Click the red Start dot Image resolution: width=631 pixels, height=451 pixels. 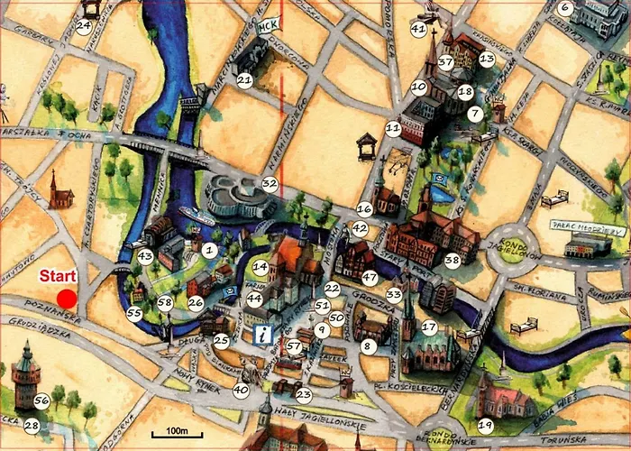click(67, 299)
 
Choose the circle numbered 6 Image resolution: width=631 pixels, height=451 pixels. click(565, 9)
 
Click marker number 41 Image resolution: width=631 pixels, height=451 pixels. click(417, 29)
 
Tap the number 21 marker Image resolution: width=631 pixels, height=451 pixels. click(244, 79)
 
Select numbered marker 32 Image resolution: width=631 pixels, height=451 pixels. click(269, 183)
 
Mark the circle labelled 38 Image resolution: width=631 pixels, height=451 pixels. click(452, 260)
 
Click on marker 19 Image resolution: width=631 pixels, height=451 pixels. click(486, 425)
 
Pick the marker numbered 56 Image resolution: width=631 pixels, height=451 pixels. click(41, 400)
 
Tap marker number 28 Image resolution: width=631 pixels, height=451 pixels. click(32, 425)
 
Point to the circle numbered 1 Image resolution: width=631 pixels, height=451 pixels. click(209, 250)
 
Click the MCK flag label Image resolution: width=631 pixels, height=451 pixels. click(266, 27)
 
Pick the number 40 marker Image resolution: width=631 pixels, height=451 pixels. click(240, 391)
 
